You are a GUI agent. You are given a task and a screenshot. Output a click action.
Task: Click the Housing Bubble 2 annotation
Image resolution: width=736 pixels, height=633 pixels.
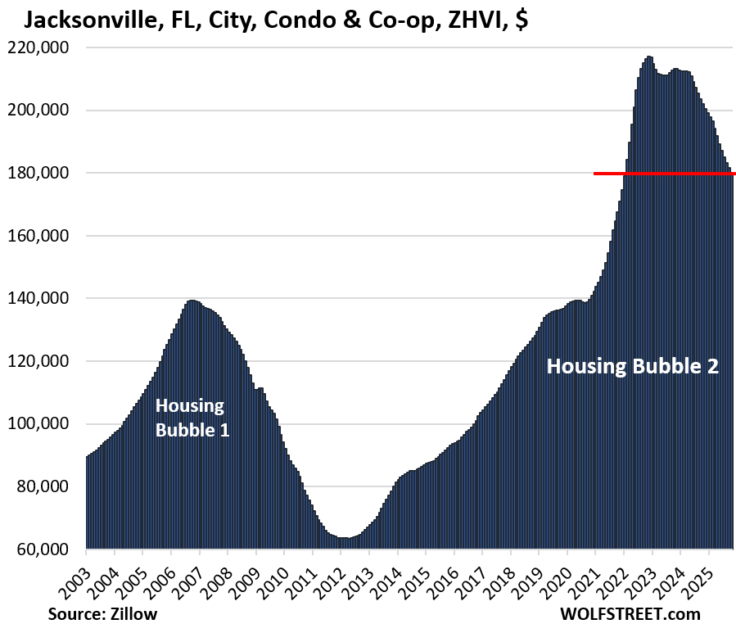pos(632,366)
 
